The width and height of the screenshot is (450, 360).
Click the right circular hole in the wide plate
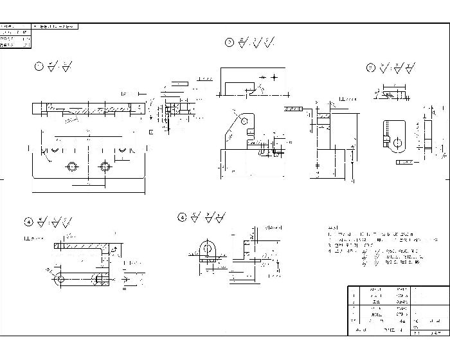tap(105, 166)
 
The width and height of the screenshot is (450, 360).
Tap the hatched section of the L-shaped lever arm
tap(80, 245)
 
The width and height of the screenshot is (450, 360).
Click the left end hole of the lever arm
tap(60, 278)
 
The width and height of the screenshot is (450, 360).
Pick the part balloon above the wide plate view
tap(39, 66)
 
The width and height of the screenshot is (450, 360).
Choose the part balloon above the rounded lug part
tap(370, 67)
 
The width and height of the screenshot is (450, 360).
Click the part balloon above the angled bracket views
tap(230, 42)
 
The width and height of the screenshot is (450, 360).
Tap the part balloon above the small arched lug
tap(182, 218)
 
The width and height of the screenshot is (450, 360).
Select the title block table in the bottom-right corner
tap(397, 310)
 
